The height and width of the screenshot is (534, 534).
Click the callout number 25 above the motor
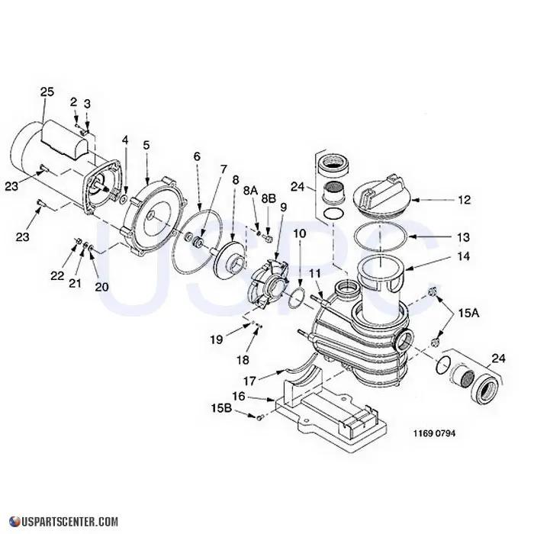pos(47,92)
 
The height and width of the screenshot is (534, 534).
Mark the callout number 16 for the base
pos(238,397)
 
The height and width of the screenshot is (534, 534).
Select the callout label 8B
pos(269,198)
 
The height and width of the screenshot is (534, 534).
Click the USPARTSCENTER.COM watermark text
pos(64,522)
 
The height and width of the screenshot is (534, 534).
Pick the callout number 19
pos(217,339)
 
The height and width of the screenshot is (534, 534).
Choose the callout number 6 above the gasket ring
pos(197,156)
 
